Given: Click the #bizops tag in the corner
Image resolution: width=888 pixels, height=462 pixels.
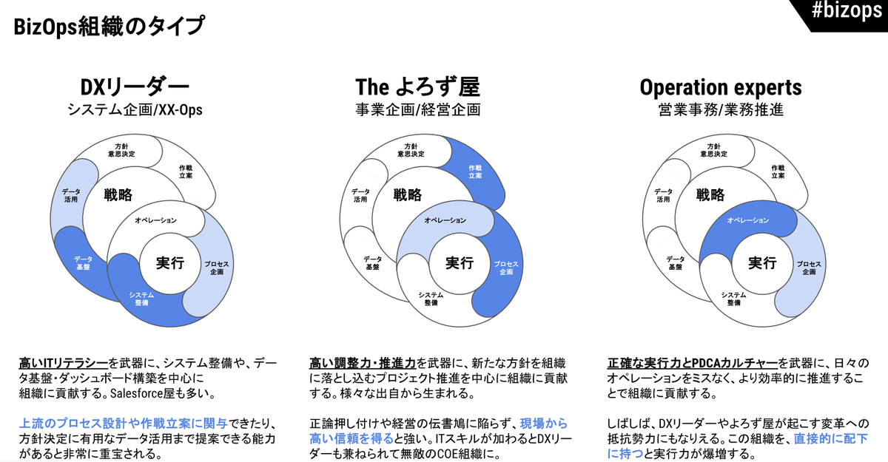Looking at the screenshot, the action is pyautogui.click(x=847, y=11).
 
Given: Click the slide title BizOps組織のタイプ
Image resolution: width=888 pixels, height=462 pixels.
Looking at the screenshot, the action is pyautogui.click(x=109, y=27).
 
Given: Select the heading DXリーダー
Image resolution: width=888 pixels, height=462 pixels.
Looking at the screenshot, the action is pyautogui.click(x=135, y=87).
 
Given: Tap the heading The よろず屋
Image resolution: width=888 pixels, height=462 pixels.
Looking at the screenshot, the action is pyautogui.click(x=418, y=87).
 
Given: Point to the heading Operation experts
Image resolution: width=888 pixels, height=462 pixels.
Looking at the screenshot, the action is pyautogui.click(x=721, y=88).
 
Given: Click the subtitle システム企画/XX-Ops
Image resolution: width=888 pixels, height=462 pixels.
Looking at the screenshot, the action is pyautogui.click(x=135, y=109).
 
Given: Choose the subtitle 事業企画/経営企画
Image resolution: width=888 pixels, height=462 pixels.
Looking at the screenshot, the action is pyautogui.click(x=418, y=109).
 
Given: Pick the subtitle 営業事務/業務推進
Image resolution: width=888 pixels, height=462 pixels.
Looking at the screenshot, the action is pyautogui.click(x=721, y=109).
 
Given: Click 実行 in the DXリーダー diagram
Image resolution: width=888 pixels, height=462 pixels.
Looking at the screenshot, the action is pyautogui.click(x=170, y=263).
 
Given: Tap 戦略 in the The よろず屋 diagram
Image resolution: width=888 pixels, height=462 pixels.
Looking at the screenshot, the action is pyautogui.click(x=408, y=194).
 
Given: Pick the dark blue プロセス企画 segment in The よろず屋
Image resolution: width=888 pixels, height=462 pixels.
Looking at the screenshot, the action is pyautogui.click(x=503, y=269).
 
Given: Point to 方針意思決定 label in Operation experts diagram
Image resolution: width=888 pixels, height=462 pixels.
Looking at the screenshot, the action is pyautogui.click(x=713, y=151).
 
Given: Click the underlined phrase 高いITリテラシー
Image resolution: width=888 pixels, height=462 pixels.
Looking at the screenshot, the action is pyautogui.click(x=64, y=363).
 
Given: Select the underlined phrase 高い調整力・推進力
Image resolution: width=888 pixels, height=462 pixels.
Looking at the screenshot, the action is pyautogui.click(x=363, y=363).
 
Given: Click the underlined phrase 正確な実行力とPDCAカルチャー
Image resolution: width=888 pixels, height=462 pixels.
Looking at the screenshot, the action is pyautogui.click(x=692, y=363).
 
